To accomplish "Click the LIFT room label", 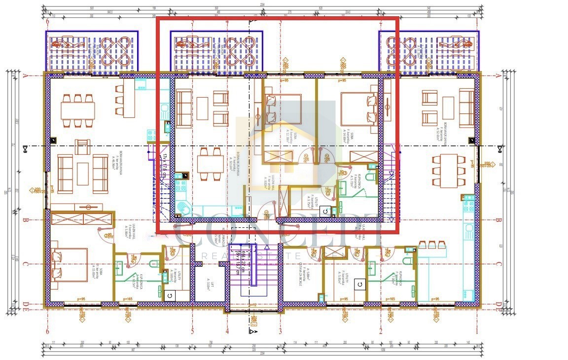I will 209,282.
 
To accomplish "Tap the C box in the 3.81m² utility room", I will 169,295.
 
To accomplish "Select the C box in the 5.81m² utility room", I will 359,284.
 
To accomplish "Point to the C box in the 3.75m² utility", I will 325,211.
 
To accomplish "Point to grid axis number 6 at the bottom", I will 48,331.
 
